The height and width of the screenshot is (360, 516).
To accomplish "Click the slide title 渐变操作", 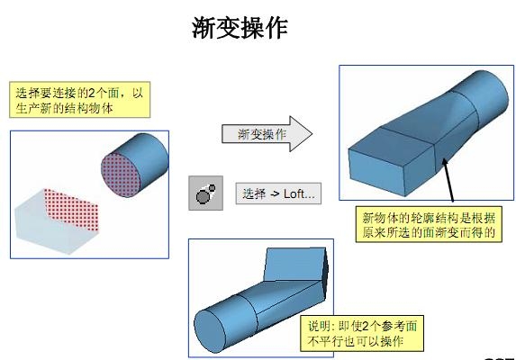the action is pyautogui.click(x=240, y=28).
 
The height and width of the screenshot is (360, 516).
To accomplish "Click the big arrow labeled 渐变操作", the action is pyautogui.click(x=267, y=134).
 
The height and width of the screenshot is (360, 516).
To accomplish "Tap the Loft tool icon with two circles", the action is pyautogui.click(x=205, y=193).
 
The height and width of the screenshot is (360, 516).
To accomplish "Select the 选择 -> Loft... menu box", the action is pyautogui.click(x=278, y=193).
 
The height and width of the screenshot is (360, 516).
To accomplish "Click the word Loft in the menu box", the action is pyautogui.click(x=294, y=193).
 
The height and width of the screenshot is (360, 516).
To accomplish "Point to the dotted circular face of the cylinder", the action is pyautogui.click(x=121, y=175).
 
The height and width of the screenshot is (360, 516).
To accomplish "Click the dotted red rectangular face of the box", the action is pyautogui.click(x=71, y=209).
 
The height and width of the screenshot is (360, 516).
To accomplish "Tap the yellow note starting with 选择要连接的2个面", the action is pyautogui.click(x=79, y=100).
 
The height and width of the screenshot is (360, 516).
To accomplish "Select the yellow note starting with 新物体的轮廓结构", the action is pyautogui.click(x=429, y=224).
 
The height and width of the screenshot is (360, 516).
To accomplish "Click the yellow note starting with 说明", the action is pyautogui.click(x=362, y=333).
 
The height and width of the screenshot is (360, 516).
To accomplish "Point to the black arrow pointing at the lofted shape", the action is pyautogui.click(x=448, y=180).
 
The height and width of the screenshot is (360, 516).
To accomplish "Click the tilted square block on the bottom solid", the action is pyautogui.click(x=296, y=265).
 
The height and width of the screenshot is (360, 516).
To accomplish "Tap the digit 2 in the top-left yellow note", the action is pyautogui.click(x=92, y=93).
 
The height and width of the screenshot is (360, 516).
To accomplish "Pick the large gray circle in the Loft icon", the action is pyautogui.click(x=203, y=196).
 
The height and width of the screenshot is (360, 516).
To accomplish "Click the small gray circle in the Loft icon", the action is pyautogui.click(x=212, y=188).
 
